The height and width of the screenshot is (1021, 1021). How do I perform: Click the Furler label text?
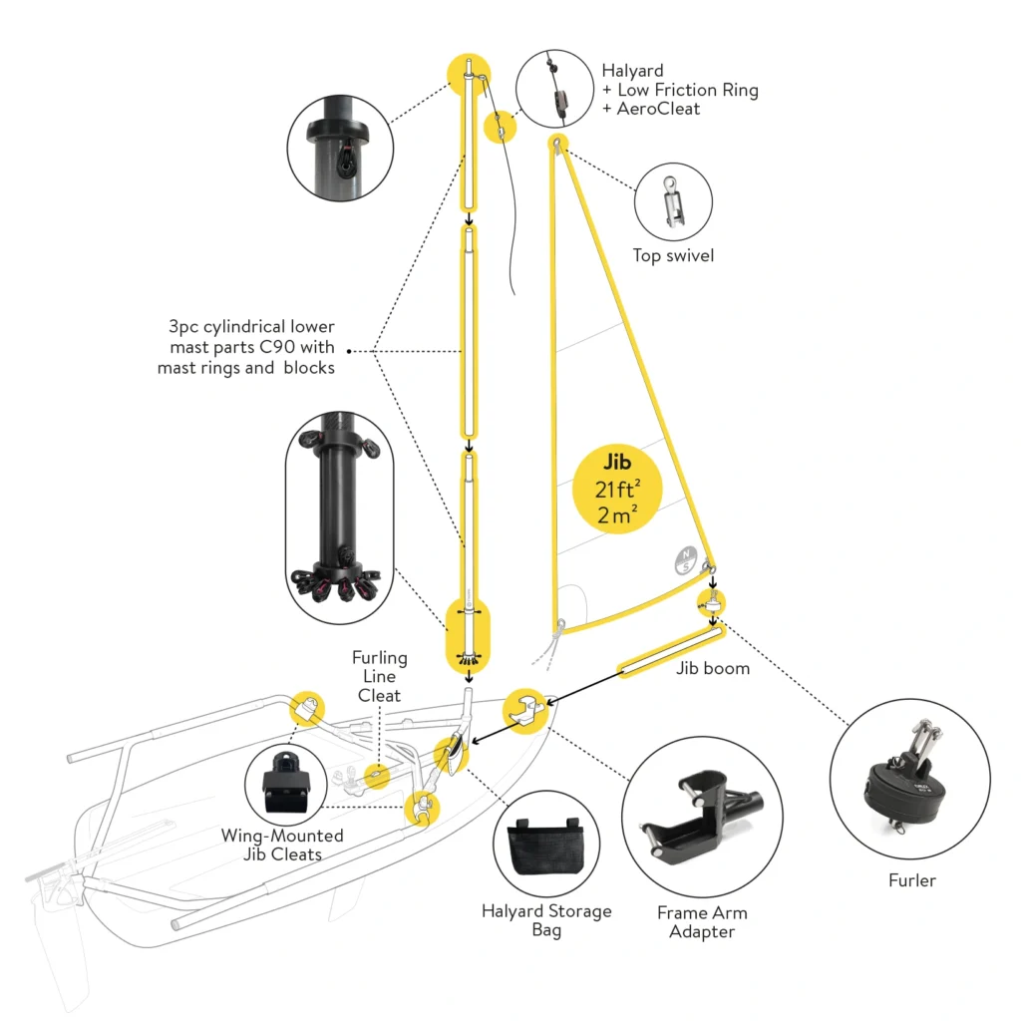(911, 880)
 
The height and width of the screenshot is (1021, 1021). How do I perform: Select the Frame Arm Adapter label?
(702, 921)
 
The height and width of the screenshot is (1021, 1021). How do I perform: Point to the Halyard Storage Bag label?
(546, 920)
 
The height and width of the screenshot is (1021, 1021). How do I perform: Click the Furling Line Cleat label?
(379, 676)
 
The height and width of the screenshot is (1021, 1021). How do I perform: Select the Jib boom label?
(713, 668)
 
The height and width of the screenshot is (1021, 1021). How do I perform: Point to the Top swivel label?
(673, 256)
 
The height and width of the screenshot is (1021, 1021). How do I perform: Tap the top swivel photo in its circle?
(673, 202)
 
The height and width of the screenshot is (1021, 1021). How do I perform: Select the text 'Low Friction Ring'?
(688, 90)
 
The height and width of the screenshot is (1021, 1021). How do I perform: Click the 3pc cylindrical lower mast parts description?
(246, 347)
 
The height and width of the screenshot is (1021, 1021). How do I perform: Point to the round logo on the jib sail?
(684, 559)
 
